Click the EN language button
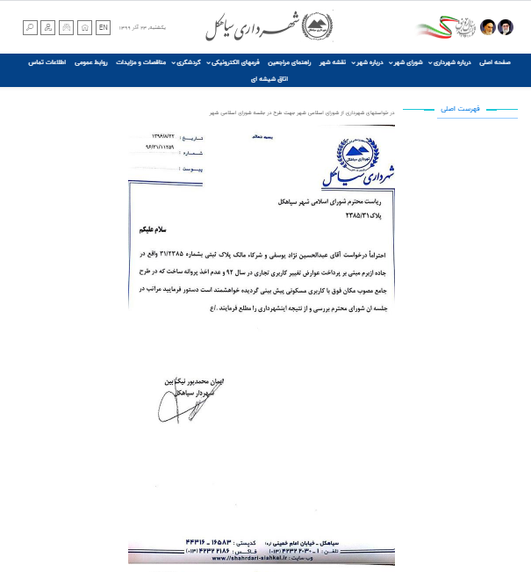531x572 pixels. point(104,27)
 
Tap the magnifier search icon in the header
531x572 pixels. point(30,27)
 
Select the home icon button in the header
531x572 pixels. point(85,27)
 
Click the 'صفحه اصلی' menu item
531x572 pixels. point(496,62)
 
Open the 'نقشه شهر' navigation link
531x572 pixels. point(333,62)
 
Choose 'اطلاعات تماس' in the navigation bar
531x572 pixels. point(49,62)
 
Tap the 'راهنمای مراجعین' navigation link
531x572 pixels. point(291,62)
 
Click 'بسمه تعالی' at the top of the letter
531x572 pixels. point(261,137)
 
